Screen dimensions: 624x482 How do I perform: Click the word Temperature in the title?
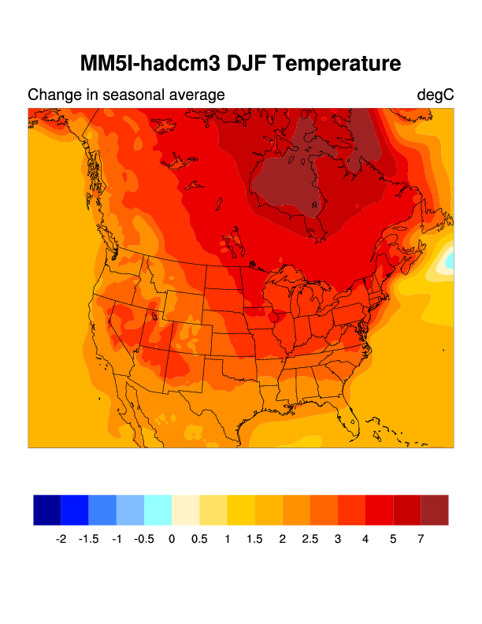[x=332, y=63]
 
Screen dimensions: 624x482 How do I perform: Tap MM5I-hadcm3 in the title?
[x=146, y=63]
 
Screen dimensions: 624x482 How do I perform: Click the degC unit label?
[x=436, y=95]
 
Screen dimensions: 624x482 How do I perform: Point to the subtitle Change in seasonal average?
[x=126, y=95]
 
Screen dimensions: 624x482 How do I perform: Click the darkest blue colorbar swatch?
[x=47, y=510]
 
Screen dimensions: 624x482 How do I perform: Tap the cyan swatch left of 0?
[x=158, y=510]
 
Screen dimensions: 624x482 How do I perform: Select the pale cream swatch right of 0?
[x=185, y=510]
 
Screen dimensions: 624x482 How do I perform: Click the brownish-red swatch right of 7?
[x=435, y=510]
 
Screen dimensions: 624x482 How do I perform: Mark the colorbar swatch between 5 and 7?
[x=407, y=510]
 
